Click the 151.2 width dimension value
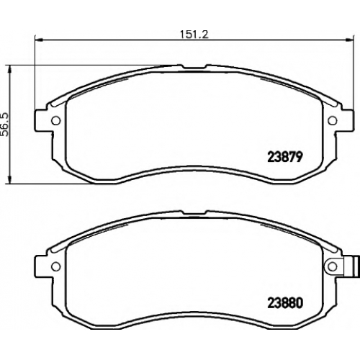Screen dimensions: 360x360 (194, 35)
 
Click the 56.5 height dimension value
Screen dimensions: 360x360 (5, 125)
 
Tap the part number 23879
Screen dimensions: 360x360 (285, 158)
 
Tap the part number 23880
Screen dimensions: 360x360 (285, 303)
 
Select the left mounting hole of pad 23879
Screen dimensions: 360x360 (56, 120)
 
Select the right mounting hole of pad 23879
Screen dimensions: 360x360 (333, 120)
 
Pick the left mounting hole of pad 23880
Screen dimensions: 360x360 (56, 266)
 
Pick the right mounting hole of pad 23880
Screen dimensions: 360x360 (333, 266)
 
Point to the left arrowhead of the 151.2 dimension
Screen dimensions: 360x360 (39, 40)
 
